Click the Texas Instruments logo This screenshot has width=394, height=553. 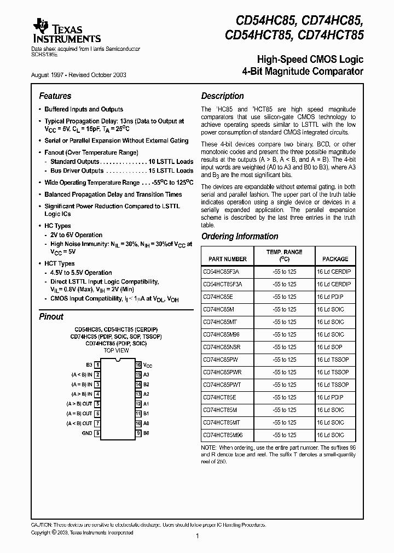click(x=66, y=30)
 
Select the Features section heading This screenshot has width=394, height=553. click(x=55, y=96)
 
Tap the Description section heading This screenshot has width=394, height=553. click(x=222, y=96)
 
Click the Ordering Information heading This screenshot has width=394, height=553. click(x=240, y=237)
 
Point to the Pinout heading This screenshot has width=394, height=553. click(x=51, y=316)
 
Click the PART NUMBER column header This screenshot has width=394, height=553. click(x=224, y=259)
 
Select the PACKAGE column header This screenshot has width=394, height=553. click(x=335, y=259)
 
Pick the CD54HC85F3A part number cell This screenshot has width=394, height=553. click(x=221, y=272)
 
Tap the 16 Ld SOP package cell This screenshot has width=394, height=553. click(x=331, y=347)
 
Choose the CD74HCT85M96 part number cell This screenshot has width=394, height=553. click(x=223, y=435)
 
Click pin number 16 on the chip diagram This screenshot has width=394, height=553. click(x=138, y=364)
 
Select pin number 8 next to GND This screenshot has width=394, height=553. click(x=97, y=433)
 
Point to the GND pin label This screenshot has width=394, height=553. click(x=87, y=433)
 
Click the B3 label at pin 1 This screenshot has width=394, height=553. click(x=89, y=364)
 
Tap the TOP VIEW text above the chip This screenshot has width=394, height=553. click(x=117, y=350)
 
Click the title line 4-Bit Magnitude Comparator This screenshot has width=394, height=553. click(x=302, y=72)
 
